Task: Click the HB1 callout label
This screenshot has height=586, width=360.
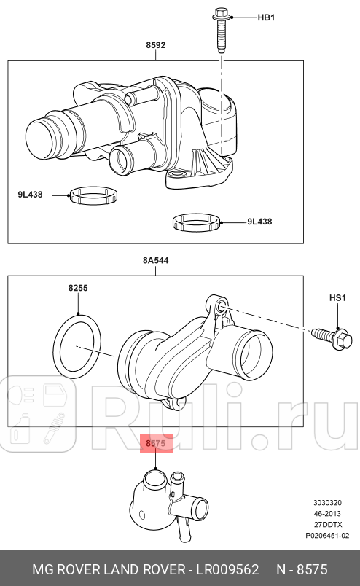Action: pos(266,17)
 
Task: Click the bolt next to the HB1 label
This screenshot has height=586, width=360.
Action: pos(221,30)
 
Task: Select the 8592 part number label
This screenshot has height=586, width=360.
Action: pos(155,45)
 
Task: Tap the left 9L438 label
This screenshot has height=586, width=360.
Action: pos(30,195)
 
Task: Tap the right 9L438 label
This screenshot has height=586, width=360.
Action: pos(259,222)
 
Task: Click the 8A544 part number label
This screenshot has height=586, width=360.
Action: pos(155,260)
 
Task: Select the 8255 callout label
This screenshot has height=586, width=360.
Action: pos(78,288)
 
